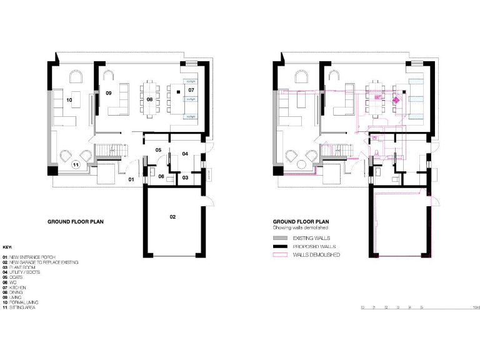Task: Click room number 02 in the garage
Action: point(172,217)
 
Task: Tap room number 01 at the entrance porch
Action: point(132,179)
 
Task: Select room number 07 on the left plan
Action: point(191,91)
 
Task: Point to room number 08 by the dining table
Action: point(150,99)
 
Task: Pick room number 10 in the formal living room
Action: point(69,99)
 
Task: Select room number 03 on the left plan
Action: point(186,177)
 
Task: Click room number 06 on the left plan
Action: point(161,177)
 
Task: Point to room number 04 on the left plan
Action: point(185,153)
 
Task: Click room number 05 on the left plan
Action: point(159,150)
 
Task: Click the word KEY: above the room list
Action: point(8,247)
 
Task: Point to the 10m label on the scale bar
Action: point(476,307)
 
